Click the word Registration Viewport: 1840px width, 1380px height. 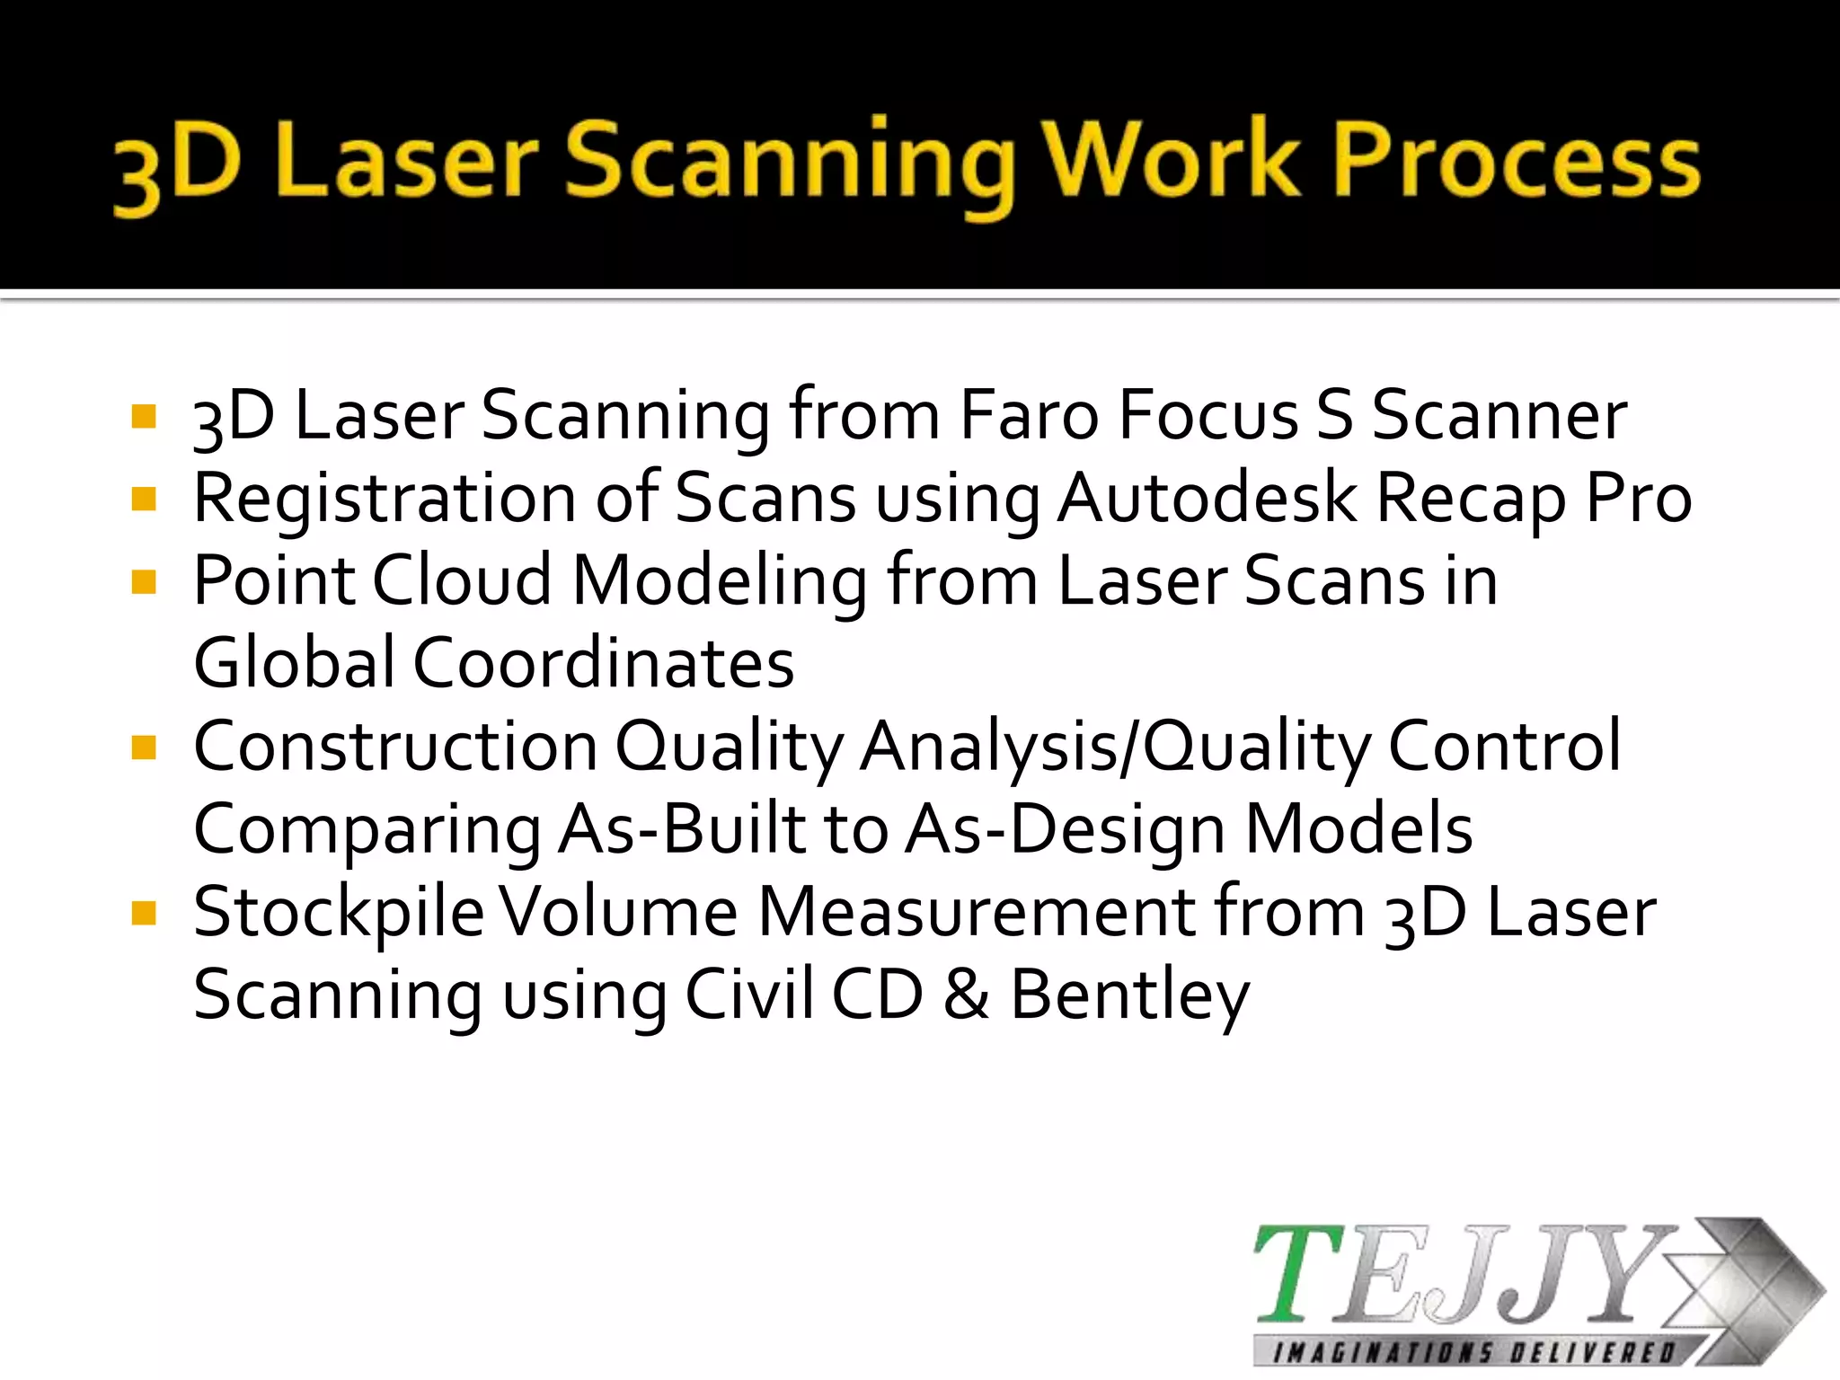tap(385, 500)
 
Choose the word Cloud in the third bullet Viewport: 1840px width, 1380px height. tap(462, 580)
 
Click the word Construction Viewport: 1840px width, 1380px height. tap(395, 746)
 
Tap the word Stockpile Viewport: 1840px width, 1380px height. tap(339, 913)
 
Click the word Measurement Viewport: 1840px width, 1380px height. tap(977, 912)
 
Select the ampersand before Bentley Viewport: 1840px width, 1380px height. tap(966, 995)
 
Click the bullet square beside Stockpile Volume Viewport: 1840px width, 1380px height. tap(144, 914)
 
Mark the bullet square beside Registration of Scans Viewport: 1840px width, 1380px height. tap(144, 499)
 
